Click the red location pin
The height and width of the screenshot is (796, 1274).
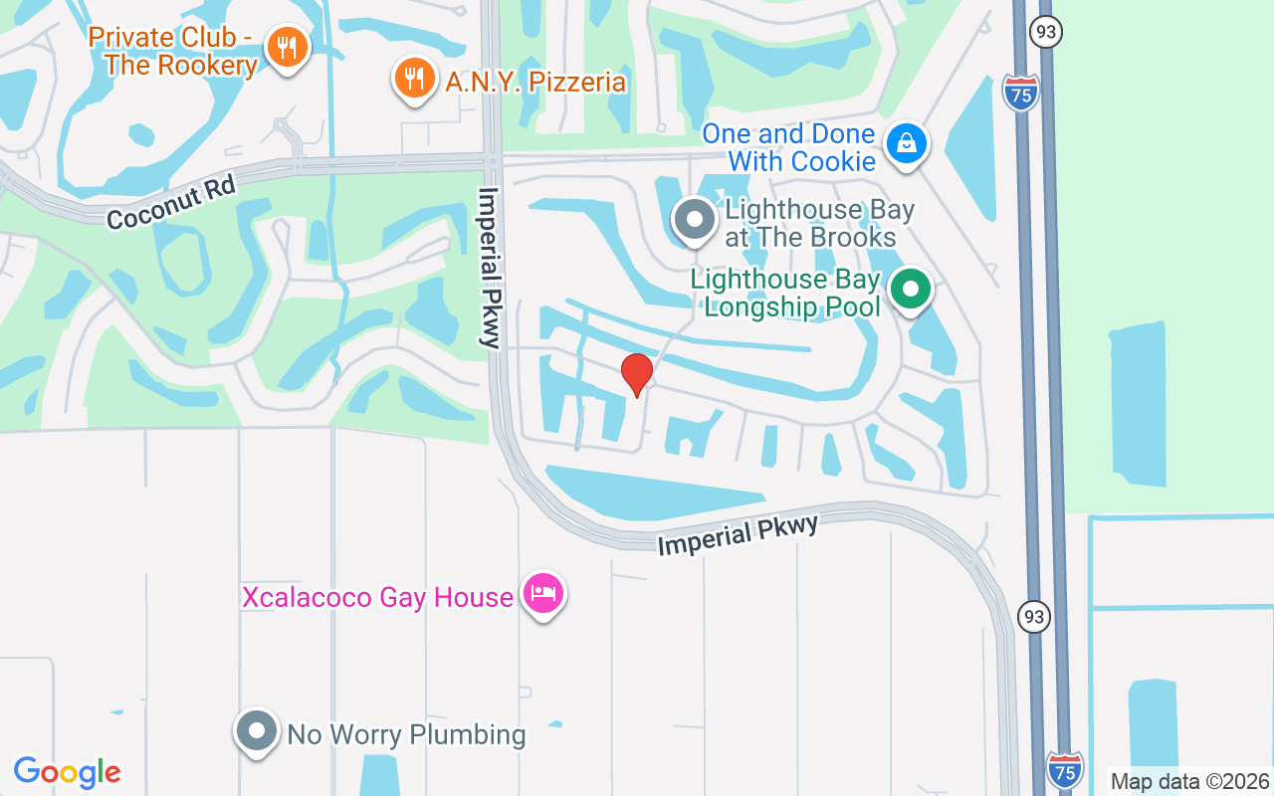(637, 374)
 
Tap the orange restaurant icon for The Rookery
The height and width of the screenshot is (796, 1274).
(287, 47)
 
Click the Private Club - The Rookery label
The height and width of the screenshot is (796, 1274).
(173, 52)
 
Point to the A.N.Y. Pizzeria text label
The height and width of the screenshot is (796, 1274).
(535, 82)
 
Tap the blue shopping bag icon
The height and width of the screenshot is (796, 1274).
(907, 144)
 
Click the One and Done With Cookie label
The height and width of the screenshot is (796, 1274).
(788, 147)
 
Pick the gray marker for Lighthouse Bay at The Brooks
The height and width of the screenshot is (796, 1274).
(694, 220)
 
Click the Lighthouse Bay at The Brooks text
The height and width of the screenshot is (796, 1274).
(819, 223)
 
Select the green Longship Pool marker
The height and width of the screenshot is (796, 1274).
(909, 290)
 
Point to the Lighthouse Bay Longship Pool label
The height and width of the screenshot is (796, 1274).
(786, 293)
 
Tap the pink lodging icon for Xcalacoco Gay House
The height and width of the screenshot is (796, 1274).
(542, 594)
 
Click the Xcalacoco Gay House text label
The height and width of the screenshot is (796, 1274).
(377, 597)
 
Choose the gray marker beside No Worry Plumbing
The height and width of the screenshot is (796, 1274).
(257, 731)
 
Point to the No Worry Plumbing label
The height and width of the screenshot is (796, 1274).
(406, 735)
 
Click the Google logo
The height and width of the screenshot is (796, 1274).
(68, 772)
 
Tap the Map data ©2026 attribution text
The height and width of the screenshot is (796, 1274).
(1189, 781)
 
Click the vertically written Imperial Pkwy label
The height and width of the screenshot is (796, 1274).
(489, 267)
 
